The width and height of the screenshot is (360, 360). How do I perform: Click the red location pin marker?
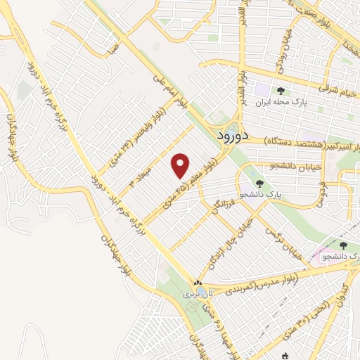181,165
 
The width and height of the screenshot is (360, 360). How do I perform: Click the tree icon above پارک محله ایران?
281,91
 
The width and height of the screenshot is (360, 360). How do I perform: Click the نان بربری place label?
193,293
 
